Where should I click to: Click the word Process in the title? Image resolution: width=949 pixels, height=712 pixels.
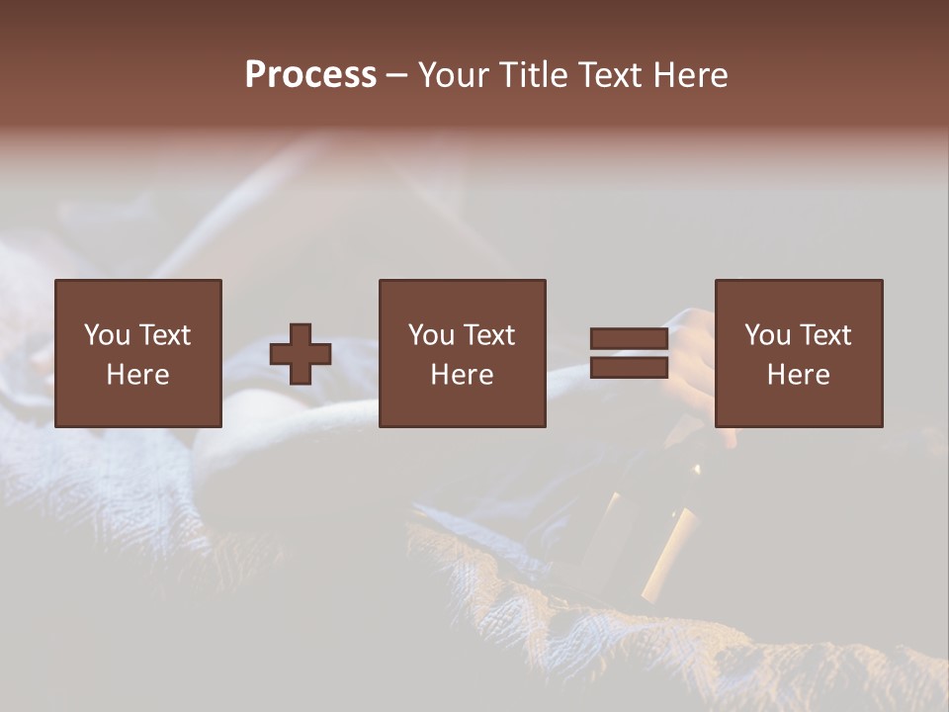(x=310, y=75)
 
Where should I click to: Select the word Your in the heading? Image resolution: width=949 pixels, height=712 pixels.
(x=454, y=75)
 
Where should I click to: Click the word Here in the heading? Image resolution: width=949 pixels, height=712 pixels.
(x=692, y=75)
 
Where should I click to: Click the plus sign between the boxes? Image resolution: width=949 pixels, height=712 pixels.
(x=301, y=354)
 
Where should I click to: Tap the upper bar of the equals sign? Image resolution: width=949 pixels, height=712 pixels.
(x=629, y=339)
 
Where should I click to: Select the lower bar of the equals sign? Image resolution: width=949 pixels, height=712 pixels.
(x=629, y=368)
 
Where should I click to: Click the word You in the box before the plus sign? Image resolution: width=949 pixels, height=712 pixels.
(x=107, y=335)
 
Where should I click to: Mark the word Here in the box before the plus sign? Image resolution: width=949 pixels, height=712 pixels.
(x=137, y=375)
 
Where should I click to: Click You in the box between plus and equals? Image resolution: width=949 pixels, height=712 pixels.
(x=431, y=335)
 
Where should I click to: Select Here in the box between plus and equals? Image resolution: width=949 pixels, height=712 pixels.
(x=462, y=375)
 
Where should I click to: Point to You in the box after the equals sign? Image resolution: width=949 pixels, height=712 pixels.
(x=767, y=335)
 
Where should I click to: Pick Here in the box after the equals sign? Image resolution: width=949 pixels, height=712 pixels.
(x=798, y=375)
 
